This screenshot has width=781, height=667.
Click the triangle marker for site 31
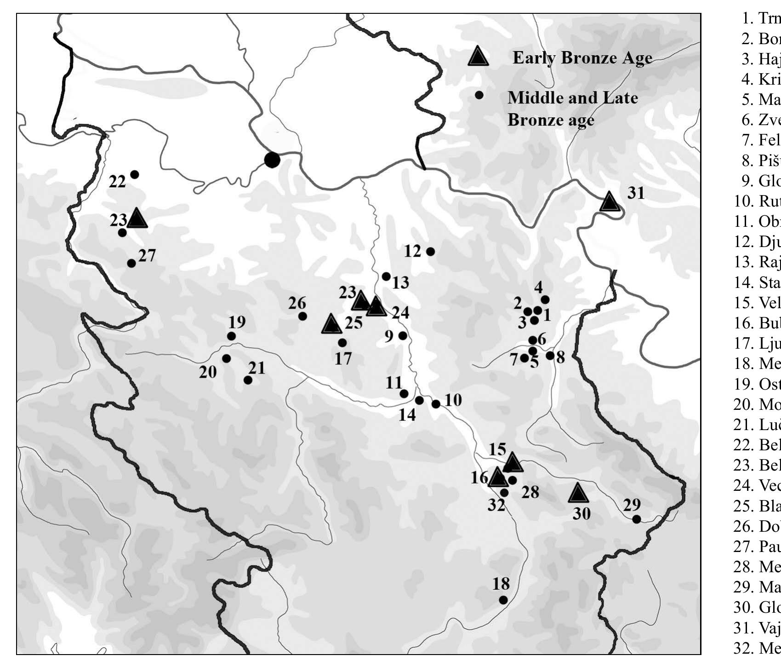coord(609,202)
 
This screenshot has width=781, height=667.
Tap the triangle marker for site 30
coord(578,494)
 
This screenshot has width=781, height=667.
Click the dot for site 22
coord(135,174)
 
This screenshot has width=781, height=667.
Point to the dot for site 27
coord(131,263)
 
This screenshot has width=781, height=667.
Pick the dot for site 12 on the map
coord(431,252)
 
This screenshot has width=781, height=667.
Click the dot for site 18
coord(503,600)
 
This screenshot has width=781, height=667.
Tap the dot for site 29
coord(637,519)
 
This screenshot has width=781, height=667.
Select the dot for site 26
coord(302,316)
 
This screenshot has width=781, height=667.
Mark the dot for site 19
coord(232,336)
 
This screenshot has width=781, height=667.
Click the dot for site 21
coord(248,380)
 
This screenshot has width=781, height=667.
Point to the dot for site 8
coord(550,355)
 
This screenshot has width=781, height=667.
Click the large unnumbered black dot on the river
coord(272,160)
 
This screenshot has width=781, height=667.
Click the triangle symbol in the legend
coord(478,57)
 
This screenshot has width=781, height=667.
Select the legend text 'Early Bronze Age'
coord(582,58)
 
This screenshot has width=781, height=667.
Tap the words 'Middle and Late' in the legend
coord(572,98)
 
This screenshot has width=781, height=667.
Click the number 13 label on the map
coord(400,282)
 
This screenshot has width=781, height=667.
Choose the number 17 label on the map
coord(343,358)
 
